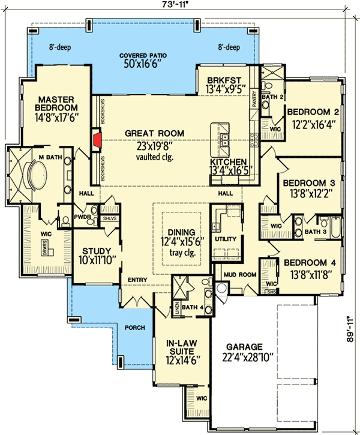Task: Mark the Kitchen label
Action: pos(228,162)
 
